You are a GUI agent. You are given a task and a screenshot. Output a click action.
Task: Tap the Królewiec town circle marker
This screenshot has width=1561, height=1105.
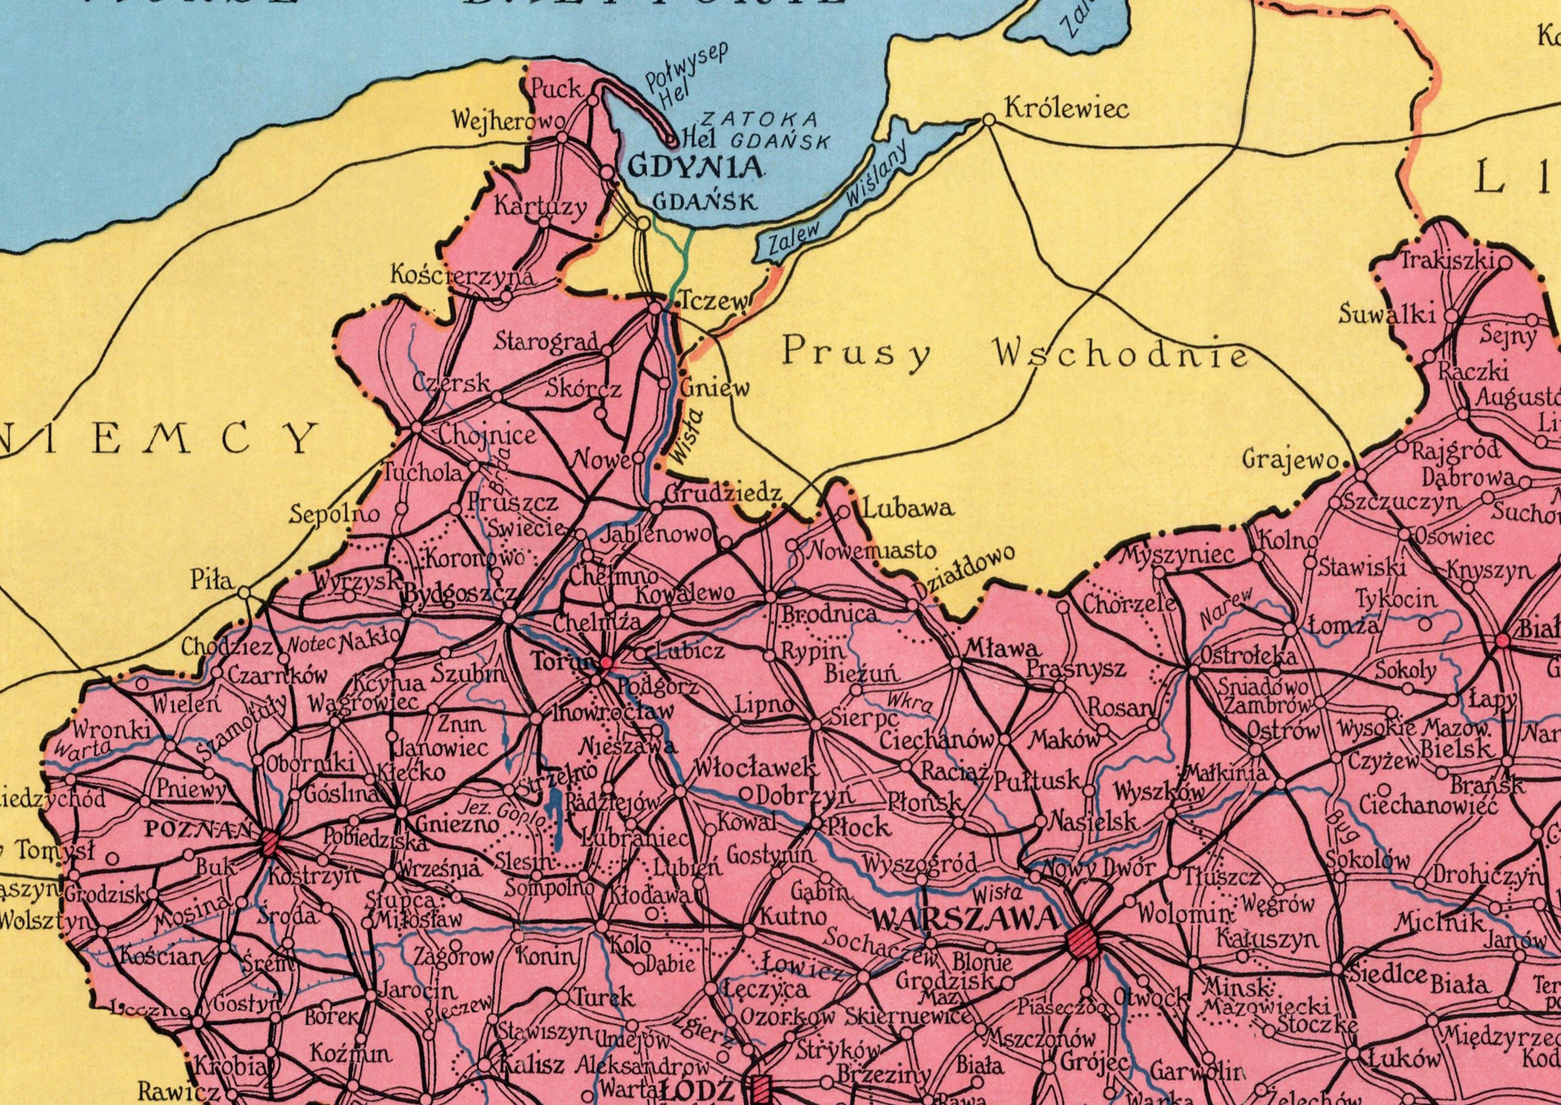click(990, 120)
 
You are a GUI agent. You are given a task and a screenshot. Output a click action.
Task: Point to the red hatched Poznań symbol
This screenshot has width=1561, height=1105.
click(271, 842)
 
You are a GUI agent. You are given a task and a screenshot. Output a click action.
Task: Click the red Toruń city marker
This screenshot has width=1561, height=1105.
click(605, 662)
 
